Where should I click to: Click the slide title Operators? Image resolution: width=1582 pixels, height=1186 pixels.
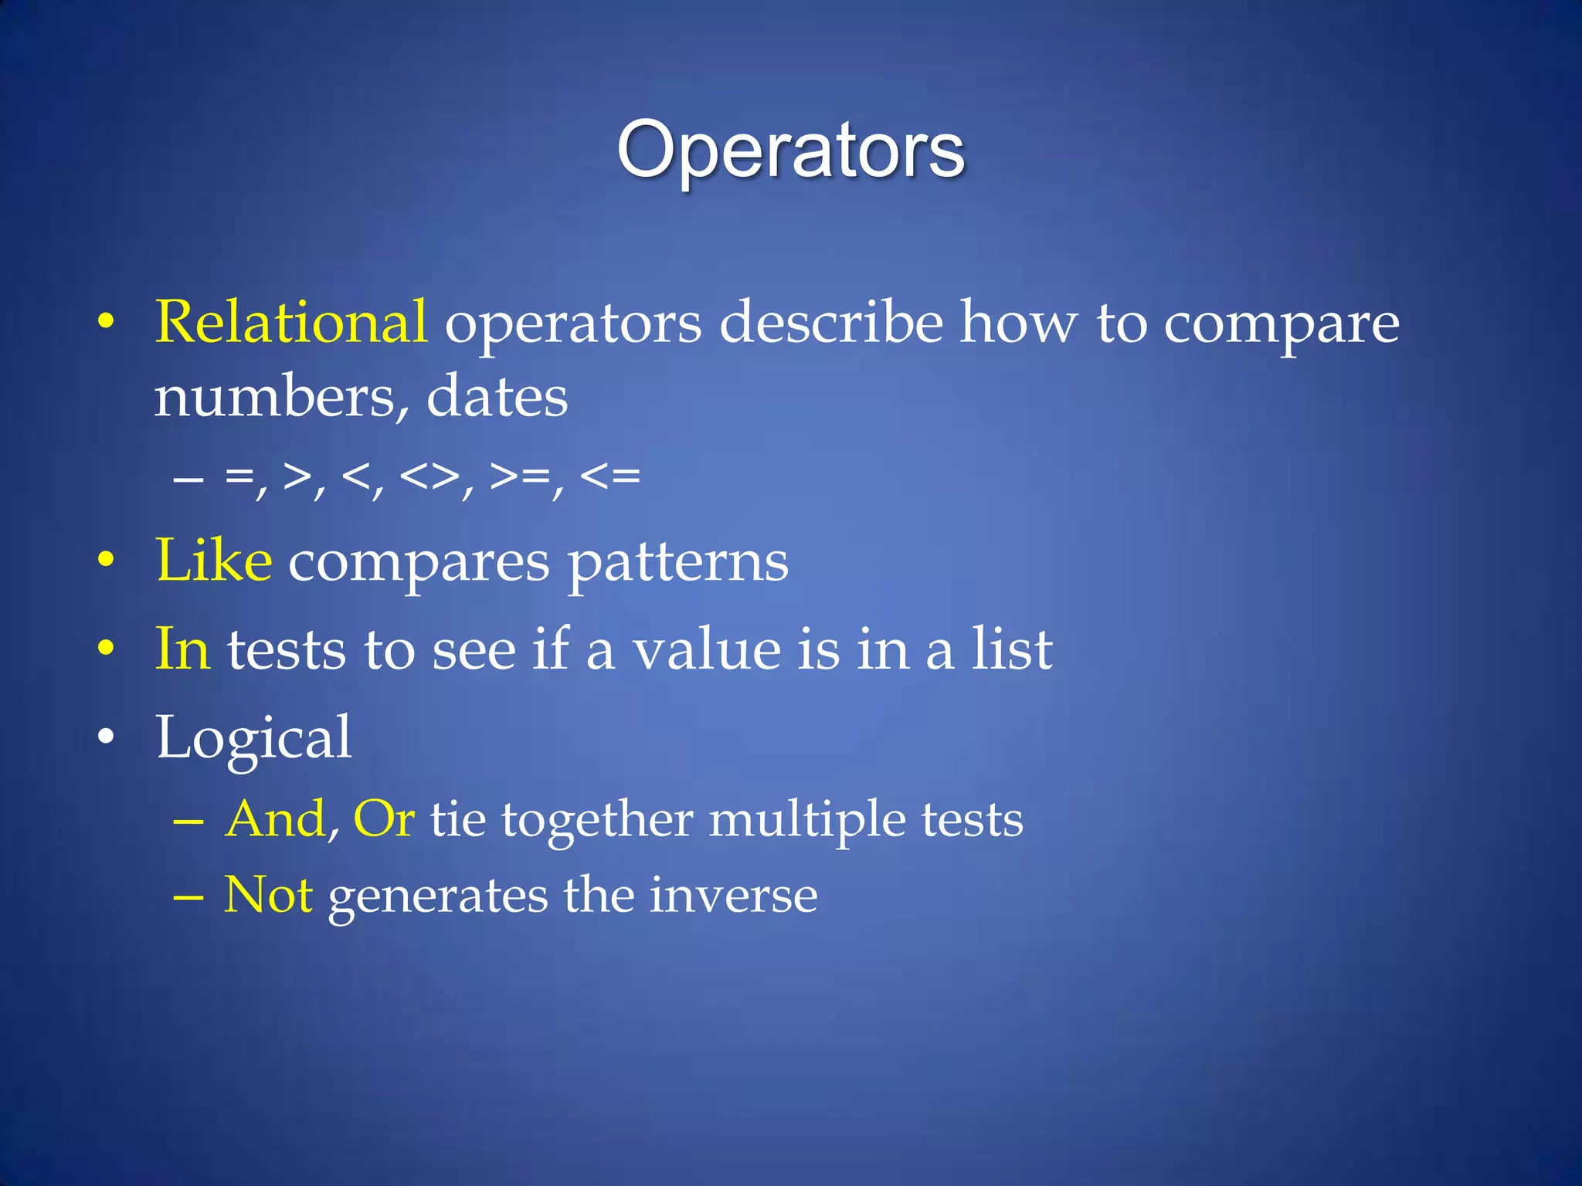tap(790, 150)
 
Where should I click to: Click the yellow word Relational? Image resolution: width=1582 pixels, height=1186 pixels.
tap(290, 322)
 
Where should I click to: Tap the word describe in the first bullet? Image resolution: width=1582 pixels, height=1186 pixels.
tap(831, 322)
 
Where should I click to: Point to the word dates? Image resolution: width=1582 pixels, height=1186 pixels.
tap(497, 397)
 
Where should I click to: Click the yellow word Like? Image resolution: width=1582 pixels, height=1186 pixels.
tap(213, 561)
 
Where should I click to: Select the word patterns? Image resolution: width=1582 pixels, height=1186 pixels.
tap(678, 564)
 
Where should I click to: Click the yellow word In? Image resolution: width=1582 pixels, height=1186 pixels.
tap(182, 649)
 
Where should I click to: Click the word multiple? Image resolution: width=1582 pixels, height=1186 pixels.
tap(806, 820)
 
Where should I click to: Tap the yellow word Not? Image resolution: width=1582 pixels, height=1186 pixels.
tap(267, 896)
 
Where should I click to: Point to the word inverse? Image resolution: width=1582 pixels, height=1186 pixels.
tap(733, 896)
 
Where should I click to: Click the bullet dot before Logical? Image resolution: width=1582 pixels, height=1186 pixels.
tap(107, 737)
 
